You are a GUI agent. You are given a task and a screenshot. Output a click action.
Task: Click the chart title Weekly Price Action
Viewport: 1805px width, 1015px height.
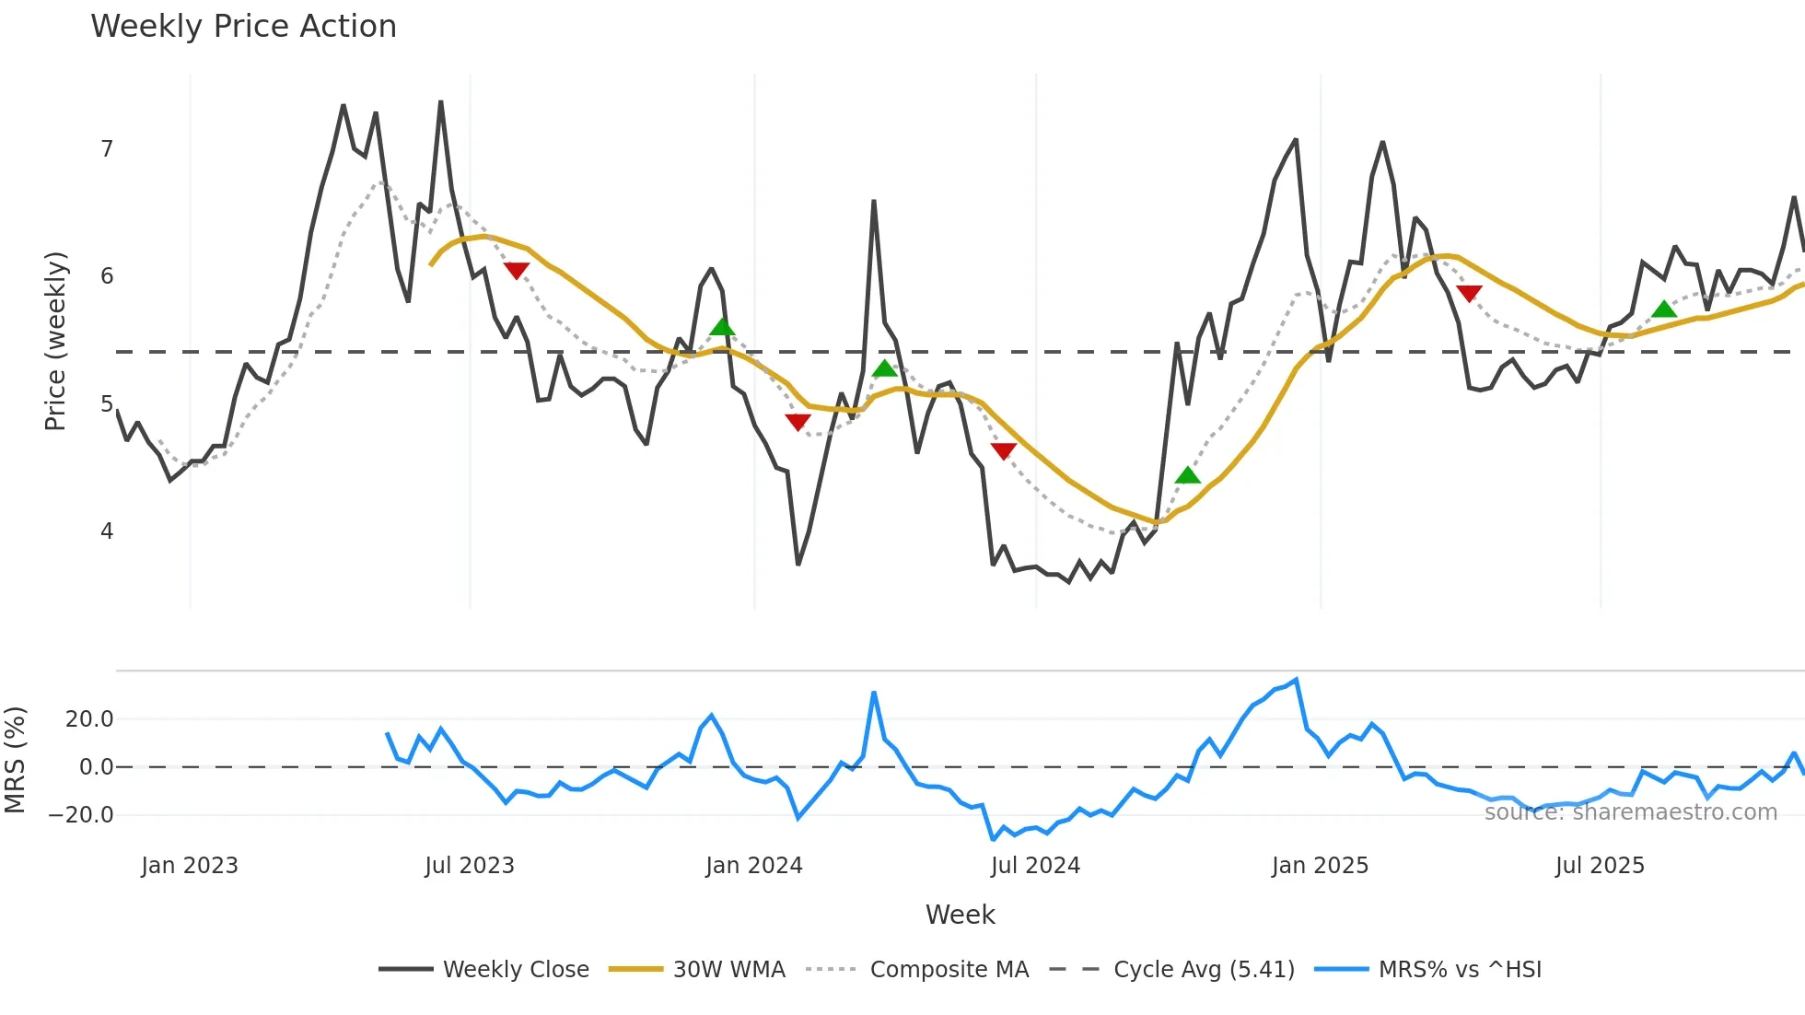[x=243, y=27]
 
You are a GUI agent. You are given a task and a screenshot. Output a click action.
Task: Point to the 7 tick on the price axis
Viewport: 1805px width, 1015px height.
[x=107, y=149]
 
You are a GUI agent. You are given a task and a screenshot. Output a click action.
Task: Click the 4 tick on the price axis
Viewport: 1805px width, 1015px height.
[x=107, y=531]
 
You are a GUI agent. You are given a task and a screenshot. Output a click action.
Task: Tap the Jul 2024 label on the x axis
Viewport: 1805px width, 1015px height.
[x=1035, y=866]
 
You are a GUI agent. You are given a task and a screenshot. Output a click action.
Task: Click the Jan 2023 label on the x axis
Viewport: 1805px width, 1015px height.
[x=190, y=866]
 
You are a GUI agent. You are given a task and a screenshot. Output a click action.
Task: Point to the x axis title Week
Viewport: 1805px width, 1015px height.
[x=960, y=915]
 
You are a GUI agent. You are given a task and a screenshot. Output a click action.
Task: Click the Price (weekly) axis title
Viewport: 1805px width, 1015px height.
[x=55, y=341]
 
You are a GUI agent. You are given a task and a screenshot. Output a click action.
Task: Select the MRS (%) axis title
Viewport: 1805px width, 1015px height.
[x=15, y=760]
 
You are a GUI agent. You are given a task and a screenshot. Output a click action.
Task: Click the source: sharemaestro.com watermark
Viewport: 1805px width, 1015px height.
[x=1630, y=812]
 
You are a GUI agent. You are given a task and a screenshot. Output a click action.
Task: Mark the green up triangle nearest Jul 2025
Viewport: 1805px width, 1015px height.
[x=1664, y=309]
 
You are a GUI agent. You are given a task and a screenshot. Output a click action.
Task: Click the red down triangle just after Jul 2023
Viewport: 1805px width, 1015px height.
[x=517, y=270]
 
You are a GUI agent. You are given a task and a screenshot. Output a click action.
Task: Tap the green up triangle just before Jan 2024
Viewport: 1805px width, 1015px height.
[x=722, y=327]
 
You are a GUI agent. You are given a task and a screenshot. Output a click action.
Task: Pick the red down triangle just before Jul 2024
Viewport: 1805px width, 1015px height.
[x=1004, y=450]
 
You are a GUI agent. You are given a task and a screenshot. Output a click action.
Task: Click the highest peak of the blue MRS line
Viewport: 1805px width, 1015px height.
[x=1297, y=681]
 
